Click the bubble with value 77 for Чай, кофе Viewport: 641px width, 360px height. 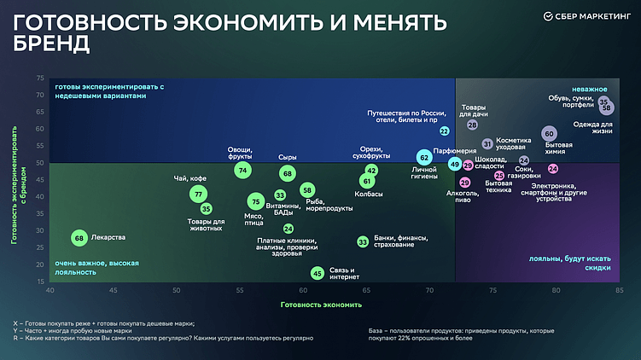pos(198,195)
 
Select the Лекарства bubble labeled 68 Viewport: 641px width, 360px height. pos(79,238)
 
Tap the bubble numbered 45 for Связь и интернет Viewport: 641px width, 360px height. pos(317,274)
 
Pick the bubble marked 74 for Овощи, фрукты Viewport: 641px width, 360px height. pos(243,171)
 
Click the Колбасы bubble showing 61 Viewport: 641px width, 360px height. pos(367,181)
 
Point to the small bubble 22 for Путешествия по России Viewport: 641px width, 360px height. pos(445,131)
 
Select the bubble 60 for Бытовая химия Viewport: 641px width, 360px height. pos(549,134)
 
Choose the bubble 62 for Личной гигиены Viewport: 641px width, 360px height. pos(424,158)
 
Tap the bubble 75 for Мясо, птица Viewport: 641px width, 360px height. pos(254,201)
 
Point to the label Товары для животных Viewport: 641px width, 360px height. pos(206,224)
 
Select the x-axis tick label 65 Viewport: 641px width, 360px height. pos(366,291)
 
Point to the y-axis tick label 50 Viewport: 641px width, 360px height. pos(40,163)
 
